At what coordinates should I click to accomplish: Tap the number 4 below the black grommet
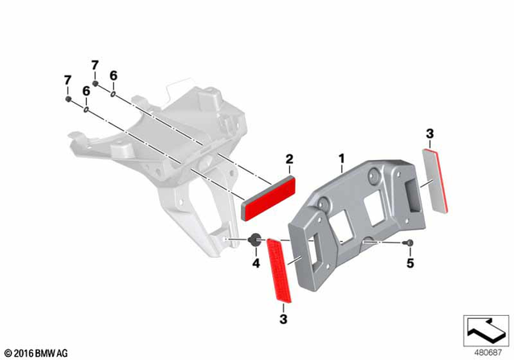pyautogui.click(x=256, y=263)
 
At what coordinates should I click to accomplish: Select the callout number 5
pyautogui.click(x=410, y=263)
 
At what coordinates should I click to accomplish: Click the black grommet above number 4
pyautogui.click(x=255, y=239)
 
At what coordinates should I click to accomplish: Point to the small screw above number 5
pyautogui.click(x=410, y=242)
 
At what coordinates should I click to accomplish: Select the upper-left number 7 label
pyautogui.click(x=94, y=65)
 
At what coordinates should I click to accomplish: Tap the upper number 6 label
pyautogui.click(x=113, y=75)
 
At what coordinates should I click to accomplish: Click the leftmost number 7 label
pyautogui.click(x=67, y=80)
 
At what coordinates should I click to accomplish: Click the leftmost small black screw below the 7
pyautogui.click(x=67, y=100)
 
